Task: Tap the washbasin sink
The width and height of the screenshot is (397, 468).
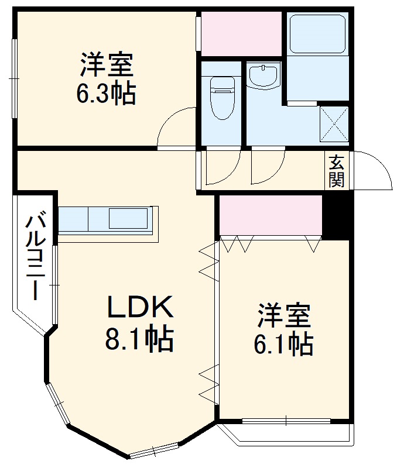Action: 263,77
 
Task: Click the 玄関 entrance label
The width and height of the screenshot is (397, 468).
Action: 336,171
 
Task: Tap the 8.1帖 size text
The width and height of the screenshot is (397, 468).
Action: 139,339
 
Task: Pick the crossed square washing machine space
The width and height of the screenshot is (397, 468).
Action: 334,123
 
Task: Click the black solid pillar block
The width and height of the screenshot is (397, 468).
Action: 336,216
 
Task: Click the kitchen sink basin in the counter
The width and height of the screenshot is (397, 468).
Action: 128,218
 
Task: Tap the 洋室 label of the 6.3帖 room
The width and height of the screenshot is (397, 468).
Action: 107,64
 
